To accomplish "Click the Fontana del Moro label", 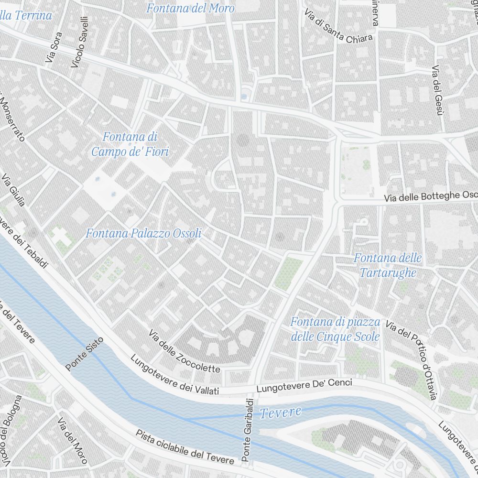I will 190,9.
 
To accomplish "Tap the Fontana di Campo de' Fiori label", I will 130,144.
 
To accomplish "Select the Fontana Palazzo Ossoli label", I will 143,234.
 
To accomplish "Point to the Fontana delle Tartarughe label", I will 388,266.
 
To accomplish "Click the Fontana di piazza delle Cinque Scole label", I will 335,329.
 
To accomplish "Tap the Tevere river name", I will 281,413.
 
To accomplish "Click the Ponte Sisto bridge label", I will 84,356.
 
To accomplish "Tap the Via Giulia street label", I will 14,191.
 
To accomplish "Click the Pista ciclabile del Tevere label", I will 185,447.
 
